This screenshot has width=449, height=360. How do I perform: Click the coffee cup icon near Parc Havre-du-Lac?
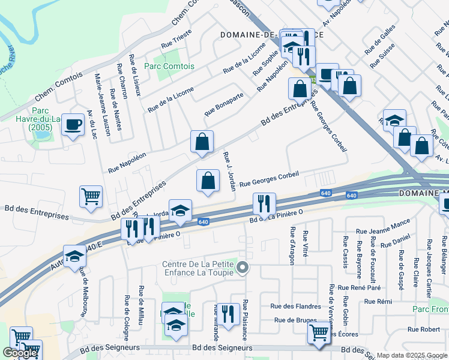(73, 125)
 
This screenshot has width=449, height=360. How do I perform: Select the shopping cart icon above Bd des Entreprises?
(91, 196)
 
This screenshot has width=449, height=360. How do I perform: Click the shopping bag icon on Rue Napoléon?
(202, 142)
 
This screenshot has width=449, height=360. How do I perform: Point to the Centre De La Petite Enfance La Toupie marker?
(242, 267)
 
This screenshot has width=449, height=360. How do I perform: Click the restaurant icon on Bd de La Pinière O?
(264, 204)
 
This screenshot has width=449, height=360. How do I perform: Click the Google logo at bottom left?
(20, 353)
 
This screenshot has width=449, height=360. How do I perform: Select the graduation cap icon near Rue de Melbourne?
(74, 256)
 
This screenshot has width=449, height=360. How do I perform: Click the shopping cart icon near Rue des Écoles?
(319, 332)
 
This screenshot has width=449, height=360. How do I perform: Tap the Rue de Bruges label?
(295, 320)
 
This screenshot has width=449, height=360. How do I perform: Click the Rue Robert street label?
(424, 329)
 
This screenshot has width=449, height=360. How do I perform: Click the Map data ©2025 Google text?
(412, 355)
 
